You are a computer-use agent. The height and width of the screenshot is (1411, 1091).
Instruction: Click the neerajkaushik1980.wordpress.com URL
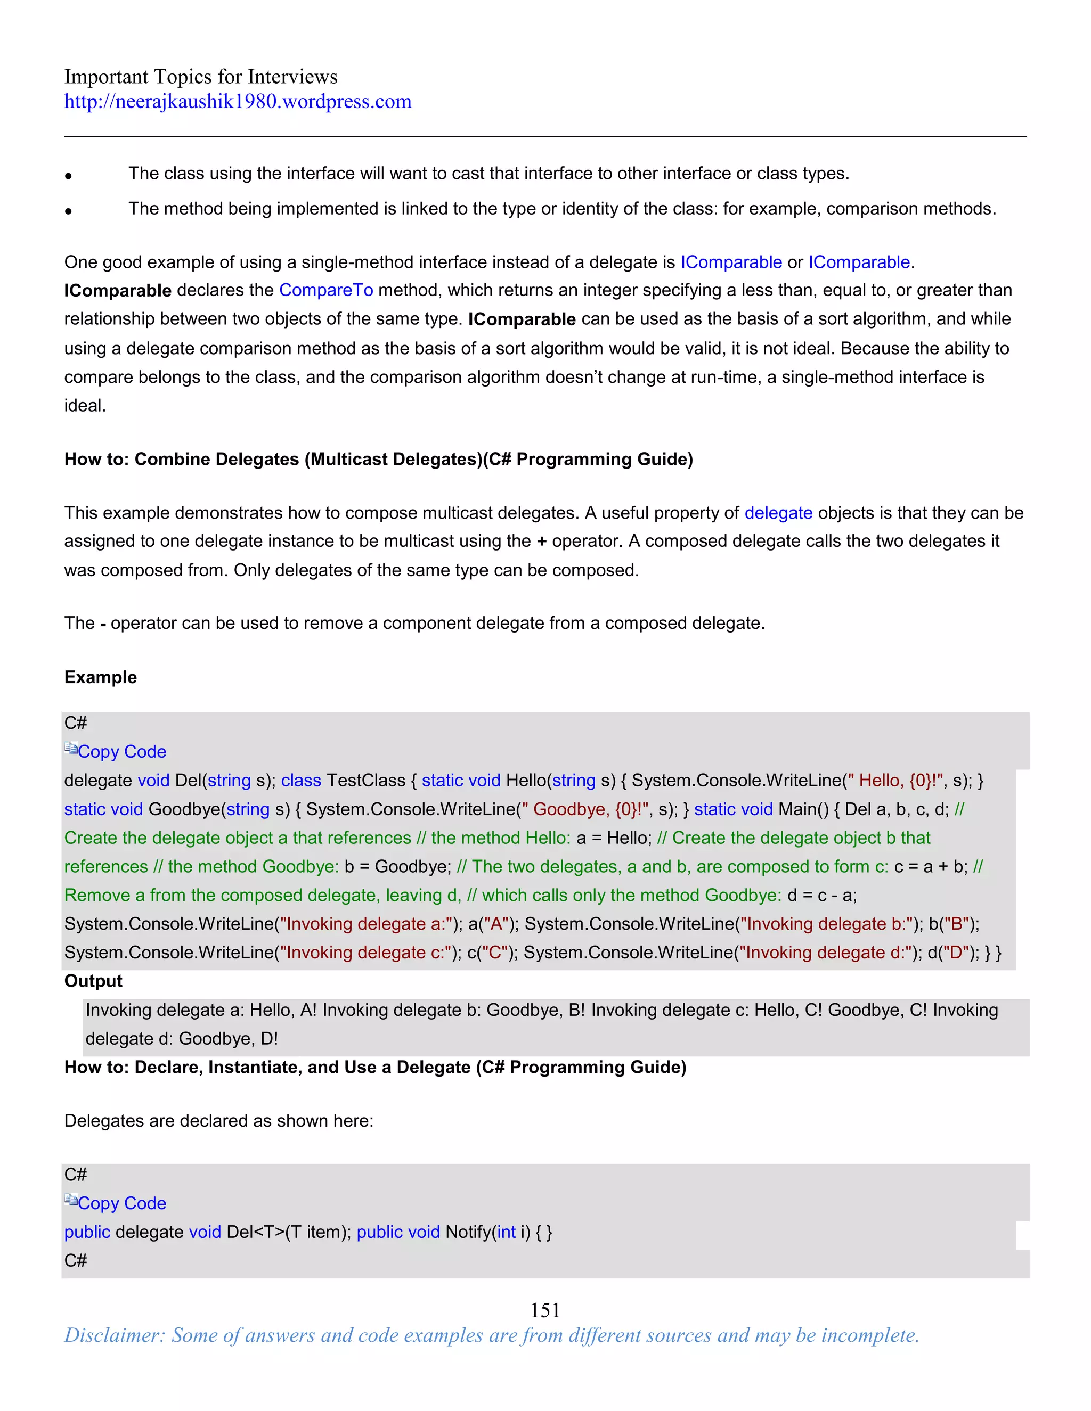(x=237, y=101)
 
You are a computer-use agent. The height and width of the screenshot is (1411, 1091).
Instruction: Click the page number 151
(x=545, y=1310)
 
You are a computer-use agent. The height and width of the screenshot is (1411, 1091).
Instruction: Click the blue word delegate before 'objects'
(x=778, y=513)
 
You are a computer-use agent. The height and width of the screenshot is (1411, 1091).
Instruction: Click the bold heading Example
(x=100, y=677)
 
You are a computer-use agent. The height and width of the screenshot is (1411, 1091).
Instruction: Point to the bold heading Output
(x=93, y=981)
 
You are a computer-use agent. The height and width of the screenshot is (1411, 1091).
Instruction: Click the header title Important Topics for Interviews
(x=200, y=76)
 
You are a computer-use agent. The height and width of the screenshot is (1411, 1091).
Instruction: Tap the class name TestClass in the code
(x=366, y=781)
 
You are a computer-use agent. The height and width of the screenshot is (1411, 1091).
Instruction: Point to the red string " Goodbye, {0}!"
(x=585, y=809)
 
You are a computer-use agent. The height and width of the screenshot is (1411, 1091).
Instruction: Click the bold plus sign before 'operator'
(x=542, y=542)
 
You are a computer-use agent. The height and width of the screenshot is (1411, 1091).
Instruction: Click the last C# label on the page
(x=76, y=1260)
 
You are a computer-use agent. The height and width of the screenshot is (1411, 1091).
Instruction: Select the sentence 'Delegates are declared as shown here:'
(x=218, y=1121)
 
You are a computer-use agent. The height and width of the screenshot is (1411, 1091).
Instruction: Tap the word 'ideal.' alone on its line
(x=85, y=406)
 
